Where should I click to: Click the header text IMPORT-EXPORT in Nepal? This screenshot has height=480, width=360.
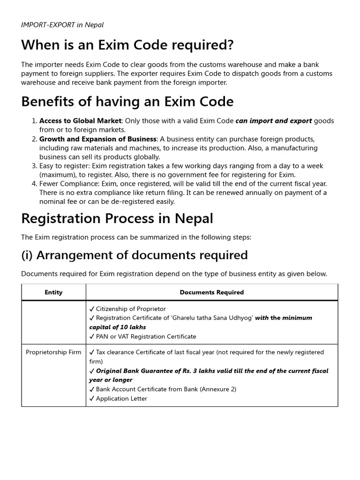62,25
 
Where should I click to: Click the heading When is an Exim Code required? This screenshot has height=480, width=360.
127,45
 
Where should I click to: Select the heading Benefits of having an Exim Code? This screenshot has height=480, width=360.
127,101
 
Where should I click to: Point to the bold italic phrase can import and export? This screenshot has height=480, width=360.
273,121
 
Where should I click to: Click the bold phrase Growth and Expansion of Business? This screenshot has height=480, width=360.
97,139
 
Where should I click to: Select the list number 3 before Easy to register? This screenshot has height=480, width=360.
34,166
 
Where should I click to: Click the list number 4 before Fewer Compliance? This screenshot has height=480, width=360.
34,184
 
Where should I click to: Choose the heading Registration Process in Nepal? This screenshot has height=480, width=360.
117,218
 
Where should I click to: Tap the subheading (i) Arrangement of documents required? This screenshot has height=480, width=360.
134,255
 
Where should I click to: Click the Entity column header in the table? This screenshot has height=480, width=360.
53,292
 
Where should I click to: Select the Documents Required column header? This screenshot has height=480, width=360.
212,292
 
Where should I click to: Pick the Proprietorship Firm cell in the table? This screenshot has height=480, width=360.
53,352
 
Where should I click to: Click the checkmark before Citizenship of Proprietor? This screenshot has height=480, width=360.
92,309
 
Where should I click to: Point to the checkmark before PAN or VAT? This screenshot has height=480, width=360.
92,337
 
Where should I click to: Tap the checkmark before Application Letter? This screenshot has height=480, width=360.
92,398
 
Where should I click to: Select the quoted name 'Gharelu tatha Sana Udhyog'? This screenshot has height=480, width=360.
212,318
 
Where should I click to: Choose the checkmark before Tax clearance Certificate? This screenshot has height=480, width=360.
92,352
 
